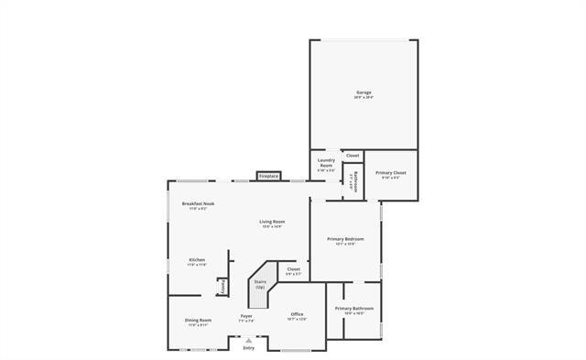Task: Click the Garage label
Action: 364,93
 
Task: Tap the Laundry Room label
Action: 326,166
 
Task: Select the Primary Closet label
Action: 391,173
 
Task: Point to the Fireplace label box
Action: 268,176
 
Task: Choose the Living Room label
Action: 272,222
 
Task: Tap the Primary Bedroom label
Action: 345,239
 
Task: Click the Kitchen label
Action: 198,260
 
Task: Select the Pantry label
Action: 222,287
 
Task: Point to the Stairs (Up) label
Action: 260,285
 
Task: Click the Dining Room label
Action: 198,321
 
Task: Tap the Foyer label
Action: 247,317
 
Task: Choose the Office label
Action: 297,314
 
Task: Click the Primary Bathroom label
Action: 353,309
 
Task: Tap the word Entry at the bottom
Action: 248,348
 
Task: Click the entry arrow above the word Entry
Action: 248,340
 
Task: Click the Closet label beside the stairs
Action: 293,269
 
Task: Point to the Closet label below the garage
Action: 353,156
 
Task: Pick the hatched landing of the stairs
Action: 260,300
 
